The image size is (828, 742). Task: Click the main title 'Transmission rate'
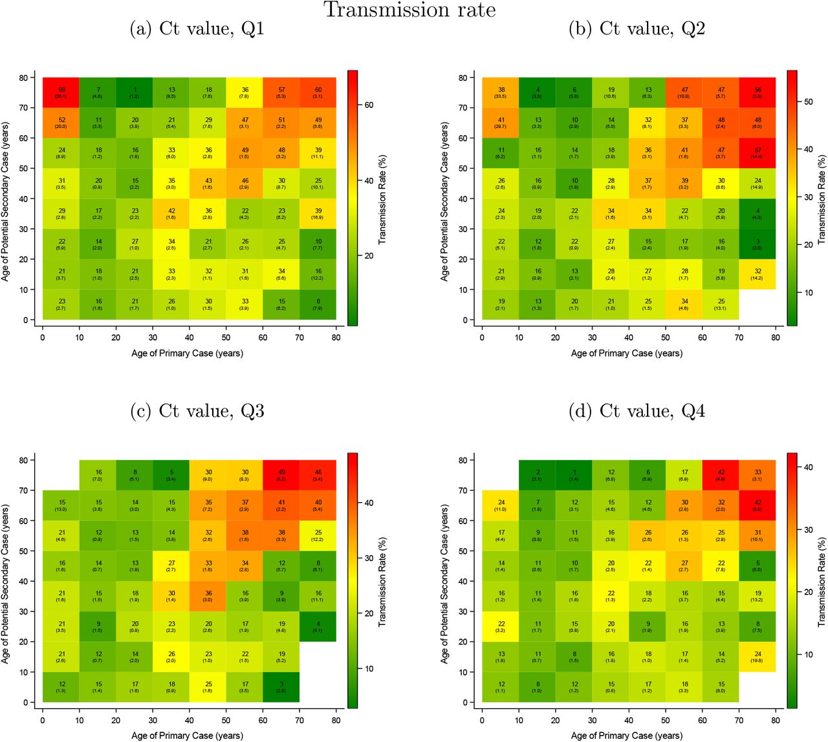(x=409, y=10)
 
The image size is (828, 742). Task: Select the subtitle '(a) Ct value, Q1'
(x=197, y=29)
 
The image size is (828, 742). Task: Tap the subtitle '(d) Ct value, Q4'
(x=637, y=411)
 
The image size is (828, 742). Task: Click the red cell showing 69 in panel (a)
(x=61, y=92)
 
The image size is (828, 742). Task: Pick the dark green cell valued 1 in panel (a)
(x=135, y=92)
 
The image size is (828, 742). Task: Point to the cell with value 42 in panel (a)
(x=171, y=214)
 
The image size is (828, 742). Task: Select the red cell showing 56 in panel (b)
(x=757, y=92)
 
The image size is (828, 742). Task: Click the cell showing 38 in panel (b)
(x=501, y=92)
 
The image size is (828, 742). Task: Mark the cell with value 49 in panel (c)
(x=281, y=475)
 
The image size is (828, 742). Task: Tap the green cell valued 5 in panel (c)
(x=171, y=475)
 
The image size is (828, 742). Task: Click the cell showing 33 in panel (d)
(x=757, y=475)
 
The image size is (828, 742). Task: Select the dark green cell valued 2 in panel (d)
(x=538, y=475)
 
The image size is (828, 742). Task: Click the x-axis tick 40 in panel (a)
(x=190, y=337)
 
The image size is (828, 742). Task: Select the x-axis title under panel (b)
(x=626, y=354)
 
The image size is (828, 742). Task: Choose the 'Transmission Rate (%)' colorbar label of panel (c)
(x=382, y=582)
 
